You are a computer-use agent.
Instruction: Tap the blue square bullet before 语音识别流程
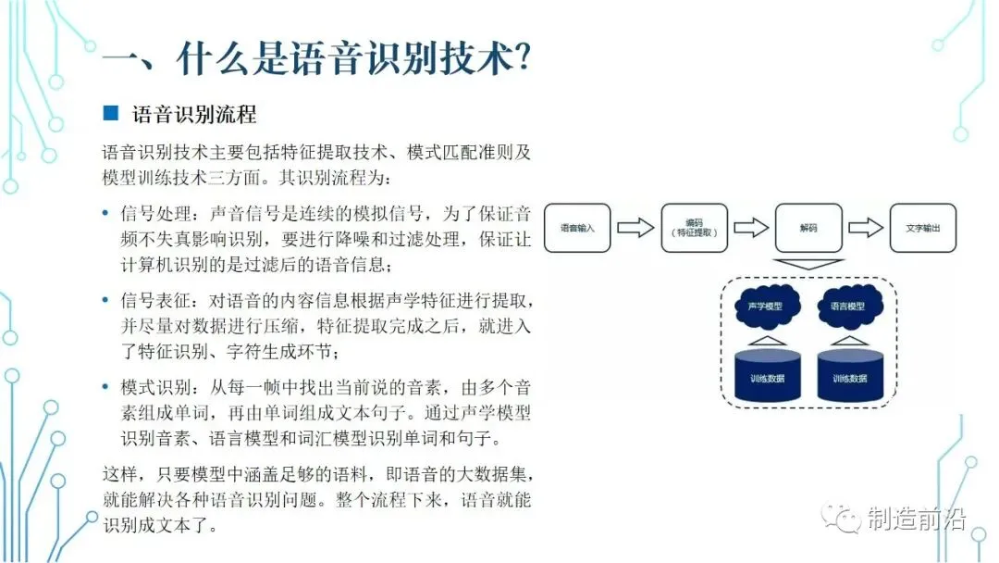[110, 114]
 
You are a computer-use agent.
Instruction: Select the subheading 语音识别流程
[194, 114]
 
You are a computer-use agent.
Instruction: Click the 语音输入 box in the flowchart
[577, 228]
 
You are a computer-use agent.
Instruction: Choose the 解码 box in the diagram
[808, 228]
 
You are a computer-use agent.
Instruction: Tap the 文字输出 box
[922, 228]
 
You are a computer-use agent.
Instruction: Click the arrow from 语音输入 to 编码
[635, 228]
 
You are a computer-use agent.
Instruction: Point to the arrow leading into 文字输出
[865, 228]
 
